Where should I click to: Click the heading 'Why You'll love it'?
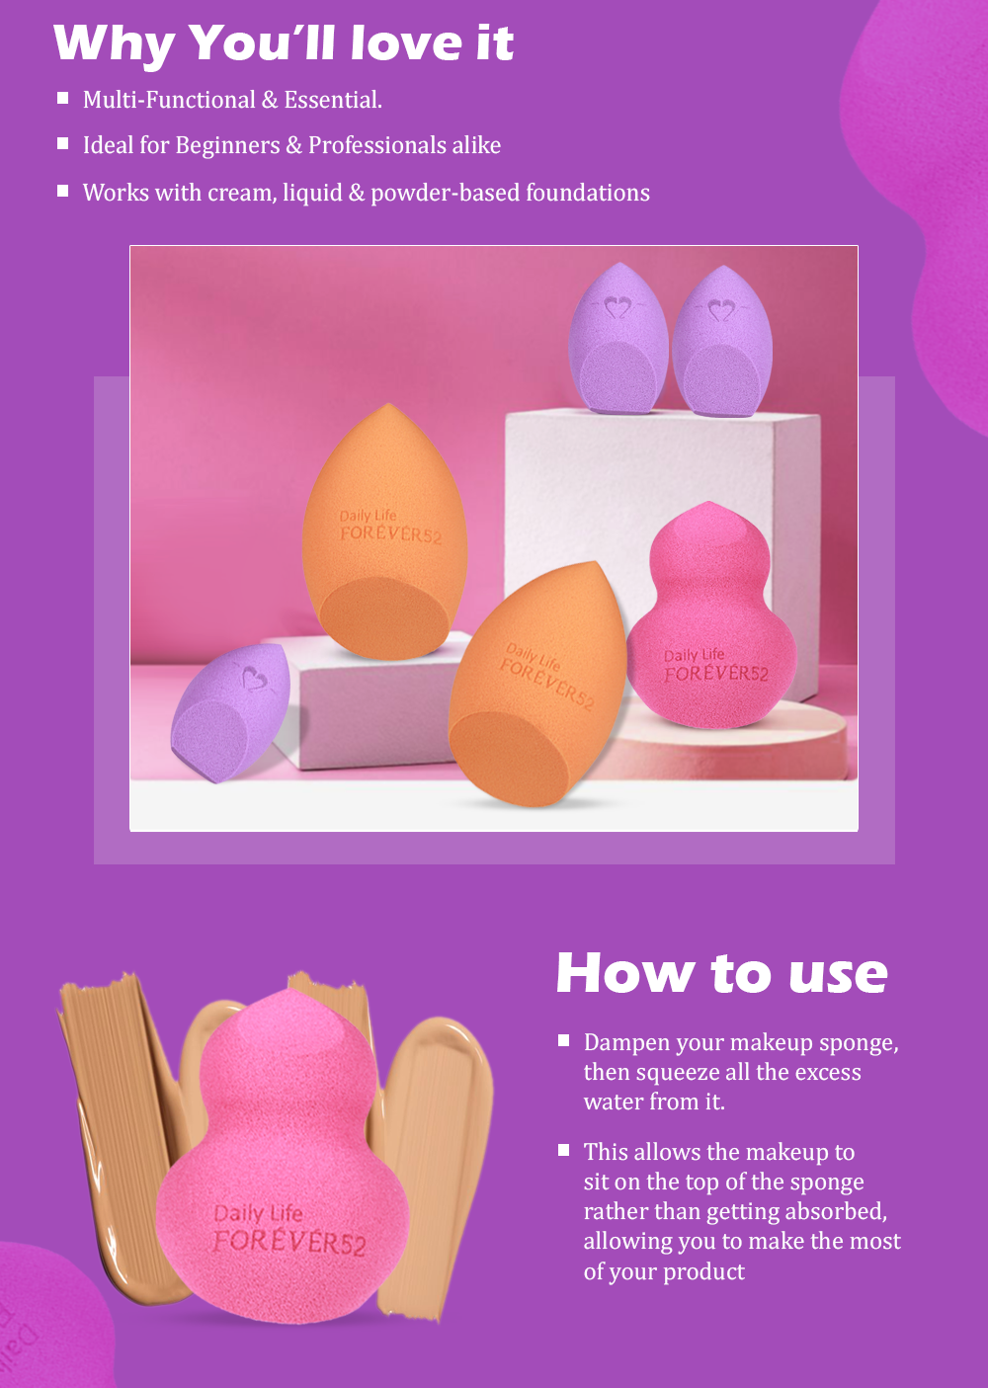tap(284, 44)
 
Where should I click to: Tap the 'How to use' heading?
tap(721, 973)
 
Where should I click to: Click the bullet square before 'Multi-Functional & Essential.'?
tap(62, 98)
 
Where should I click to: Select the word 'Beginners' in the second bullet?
tap(227, 145)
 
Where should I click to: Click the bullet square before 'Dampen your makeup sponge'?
tap(563, 1040)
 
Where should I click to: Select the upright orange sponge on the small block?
tap(384, 532)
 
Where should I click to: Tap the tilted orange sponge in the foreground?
tap(536, 685)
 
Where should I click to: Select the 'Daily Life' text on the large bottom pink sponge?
tap(258, 1213)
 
